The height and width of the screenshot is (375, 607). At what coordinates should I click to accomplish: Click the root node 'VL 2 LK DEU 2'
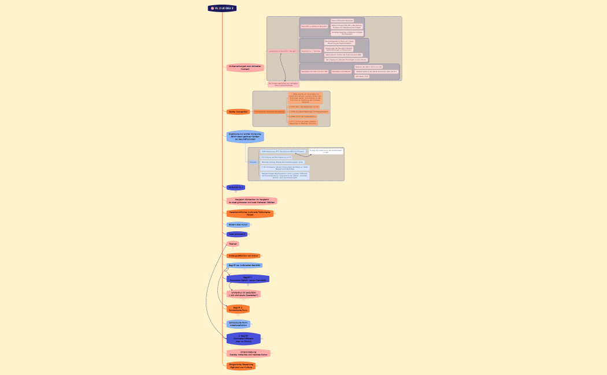click(223, 8)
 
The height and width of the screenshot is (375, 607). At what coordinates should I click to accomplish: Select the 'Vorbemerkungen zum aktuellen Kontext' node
click(245, 67)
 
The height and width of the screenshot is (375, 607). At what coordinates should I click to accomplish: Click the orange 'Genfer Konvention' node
click(238, 111)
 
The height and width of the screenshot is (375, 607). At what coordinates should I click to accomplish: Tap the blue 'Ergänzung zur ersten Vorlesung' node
click(245, 137)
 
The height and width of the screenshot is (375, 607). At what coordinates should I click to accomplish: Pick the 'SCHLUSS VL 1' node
click(235, 187)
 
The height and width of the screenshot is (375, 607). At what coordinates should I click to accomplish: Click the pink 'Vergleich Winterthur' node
click(251, 201)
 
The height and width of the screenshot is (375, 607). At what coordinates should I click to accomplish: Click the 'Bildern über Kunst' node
click(238, 224)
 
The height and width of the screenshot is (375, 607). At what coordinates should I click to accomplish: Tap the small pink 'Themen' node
click(233, 244)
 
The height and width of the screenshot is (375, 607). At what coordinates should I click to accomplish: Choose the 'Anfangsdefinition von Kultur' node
click(243, 256)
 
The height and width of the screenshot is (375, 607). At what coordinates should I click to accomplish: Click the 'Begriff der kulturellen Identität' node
click(245, 265)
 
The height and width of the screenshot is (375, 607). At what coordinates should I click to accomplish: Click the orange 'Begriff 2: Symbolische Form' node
click(238, 309)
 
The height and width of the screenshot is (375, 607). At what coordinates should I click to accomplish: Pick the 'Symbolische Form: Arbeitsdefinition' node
click(238, 324)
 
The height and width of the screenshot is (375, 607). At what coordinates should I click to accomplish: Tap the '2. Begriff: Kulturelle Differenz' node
click(243, 339)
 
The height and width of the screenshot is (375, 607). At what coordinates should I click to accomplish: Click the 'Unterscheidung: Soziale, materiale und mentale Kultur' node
click(248, 353)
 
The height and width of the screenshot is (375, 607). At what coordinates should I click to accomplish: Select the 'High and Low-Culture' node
click(241, 366)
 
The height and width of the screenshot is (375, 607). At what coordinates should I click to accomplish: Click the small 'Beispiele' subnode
click(253, 162)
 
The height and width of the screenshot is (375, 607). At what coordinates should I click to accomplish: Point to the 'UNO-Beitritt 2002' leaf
click(362, 76)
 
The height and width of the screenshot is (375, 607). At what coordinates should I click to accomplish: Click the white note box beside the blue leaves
click(325, 151)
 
